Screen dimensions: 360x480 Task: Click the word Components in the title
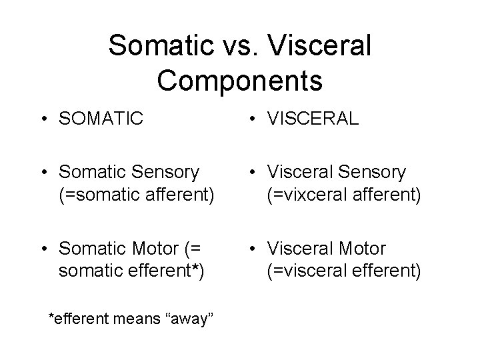pos(240,80)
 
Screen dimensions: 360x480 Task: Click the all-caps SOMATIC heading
pos(101,119)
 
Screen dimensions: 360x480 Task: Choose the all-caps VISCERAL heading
pos(313,119)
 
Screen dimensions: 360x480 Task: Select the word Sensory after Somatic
pos(167,173)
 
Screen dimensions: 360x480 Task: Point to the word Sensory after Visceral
pos(373,173)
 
